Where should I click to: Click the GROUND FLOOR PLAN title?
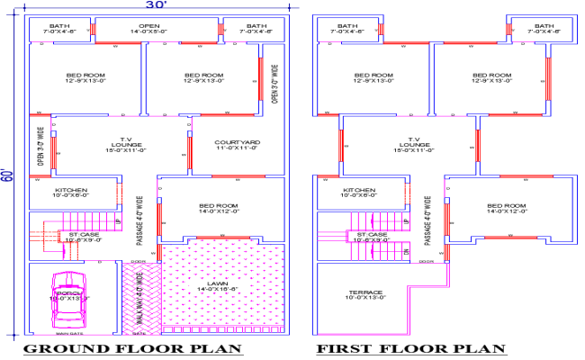[x=131, y=348]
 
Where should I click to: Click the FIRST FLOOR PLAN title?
[x=409, y=348]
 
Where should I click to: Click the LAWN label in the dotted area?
[x=215, y=287]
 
